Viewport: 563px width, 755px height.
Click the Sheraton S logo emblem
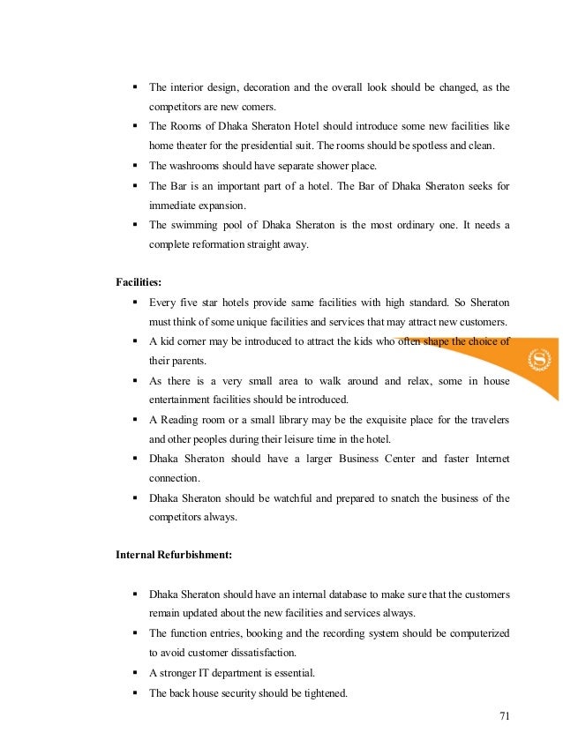tap(537, 359)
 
